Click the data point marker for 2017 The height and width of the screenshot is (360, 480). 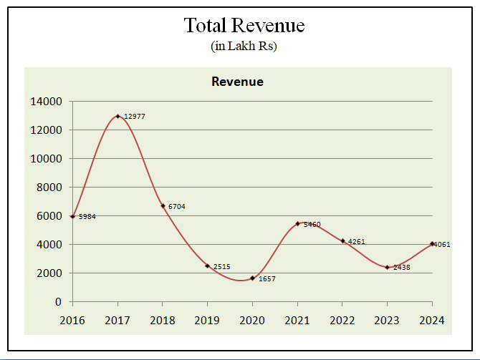coord(117,116)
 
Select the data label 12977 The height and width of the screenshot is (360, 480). coord(135,116)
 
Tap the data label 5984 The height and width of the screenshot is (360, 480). coord(87,216)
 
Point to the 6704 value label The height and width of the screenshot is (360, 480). coord(177,206)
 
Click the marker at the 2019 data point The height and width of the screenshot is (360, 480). coord(207,266)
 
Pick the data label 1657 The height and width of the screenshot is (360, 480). coord(267,278)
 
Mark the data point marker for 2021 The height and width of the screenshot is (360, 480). coord(297,223)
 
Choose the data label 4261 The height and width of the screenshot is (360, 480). coord(357,241)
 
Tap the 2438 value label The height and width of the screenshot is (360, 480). coord(402,267)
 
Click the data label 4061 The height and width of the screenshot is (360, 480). coord(441,244)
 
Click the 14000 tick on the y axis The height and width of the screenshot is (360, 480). coord(47,102)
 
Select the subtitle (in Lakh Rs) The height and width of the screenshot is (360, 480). coord(244,46)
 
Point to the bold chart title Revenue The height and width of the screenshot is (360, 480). coord(237,82)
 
